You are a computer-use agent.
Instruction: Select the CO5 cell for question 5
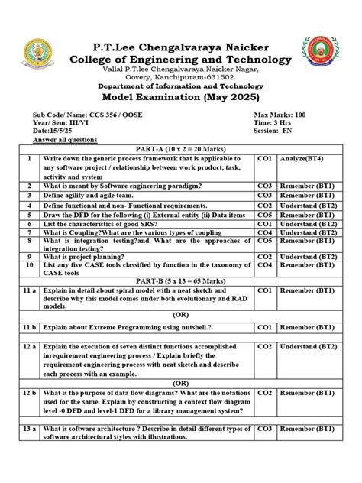[264, 216]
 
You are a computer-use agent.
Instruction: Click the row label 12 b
[29, 391]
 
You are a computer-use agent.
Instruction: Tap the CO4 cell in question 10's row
[264, 264]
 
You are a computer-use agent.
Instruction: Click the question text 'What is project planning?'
[90, 257]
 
